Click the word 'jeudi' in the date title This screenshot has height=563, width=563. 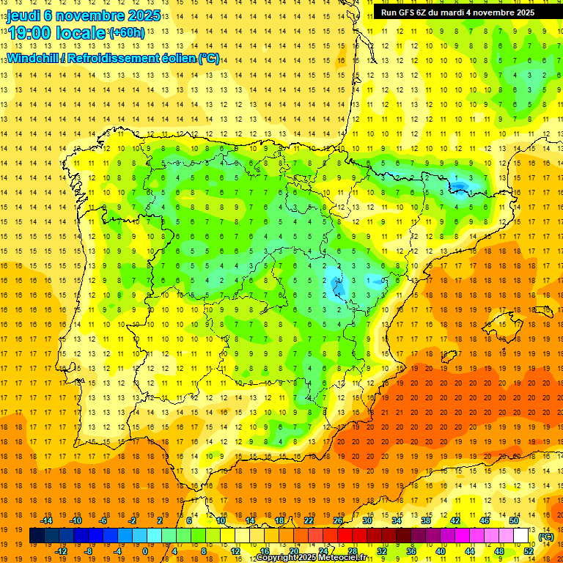coord(23,15)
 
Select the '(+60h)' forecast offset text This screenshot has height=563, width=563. coord(127,33)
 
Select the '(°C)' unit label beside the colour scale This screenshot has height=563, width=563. coord(545,537)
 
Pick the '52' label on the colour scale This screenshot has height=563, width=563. coord(529,551)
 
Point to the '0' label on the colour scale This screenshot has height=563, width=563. coord(144,551)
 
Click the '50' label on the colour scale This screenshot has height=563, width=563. coord(513,520)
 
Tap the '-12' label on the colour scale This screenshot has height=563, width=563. coord(62,551)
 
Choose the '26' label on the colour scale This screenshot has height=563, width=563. coord(338,520)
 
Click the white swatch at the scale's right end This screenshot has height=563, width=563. coord(521,536)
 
